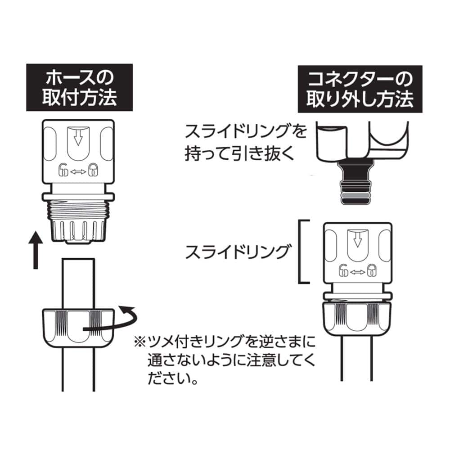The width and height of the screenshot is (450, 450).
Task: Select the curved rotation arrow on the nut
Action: tap(112, 322)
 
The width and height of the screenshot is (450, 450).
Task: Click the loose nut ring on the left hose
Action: tap(76, 326)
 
